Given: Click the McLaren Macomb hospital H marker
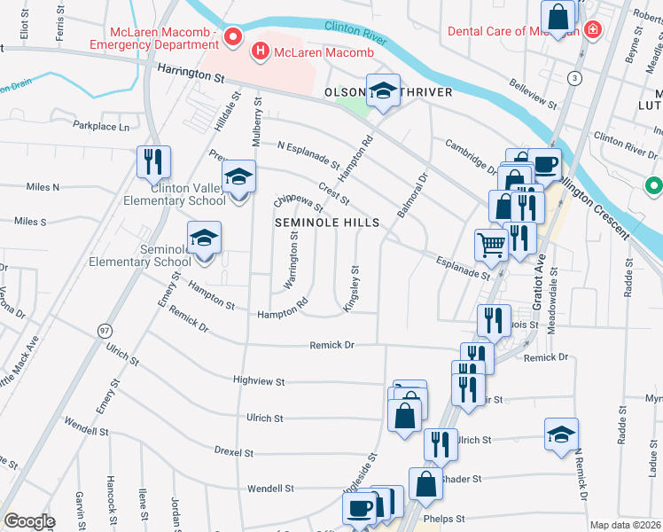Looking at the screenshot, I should pos(261,52).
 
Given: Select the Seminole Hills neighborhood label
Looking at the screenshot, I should pos(326,222).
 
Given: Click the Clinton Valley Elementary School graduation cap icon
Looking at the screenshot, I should pos(238,176).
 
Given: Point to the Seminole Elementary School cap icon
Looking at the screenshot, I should pos(204,238).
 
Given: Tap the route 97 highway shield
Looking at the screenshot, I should pos(104,330).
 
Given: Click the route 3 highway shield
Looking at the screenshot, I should pos(576,78).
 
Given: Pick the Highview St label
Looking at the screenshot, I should pos(258,381).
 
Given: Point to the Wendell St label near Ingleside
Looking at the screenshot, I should pos(269,489).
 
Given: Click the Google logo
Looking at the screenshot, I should pos(30,521).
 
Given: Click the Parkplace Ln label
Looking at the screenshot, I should pos(101,127).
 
